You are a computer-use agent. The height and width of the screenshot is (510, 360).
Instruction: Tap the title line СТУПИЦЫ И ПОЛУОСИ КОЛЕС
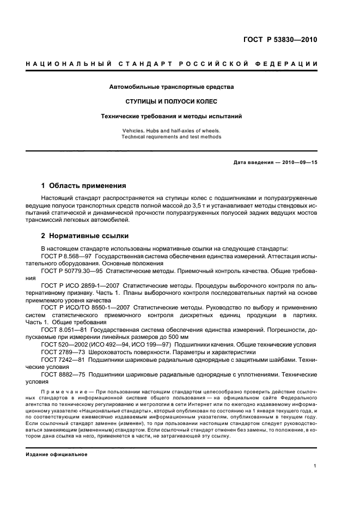coord(172,101)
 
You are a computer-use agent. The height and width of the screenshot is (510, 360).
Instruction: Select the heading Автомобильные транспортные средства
coord(172,87)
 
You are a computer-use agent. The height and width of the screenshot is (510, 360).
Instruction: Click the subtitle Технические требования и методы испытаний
coord(172,116)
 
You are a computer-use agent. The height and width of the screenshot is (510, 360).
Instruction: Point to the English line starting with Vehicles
coord(172,131)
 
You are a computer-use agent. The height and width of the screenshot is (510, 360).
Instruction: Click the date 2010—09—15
coord(298,163)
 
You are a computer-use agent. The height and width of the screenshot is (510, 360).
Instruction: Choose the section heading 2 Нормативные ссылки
coord(85,236)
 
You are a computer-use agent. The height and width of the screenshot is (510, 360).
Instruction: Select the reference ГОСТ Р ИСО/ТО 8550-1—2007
coord(84,307)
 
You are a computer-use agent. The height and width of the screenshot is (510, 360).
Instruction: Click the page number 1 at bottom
coord(315,466)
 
